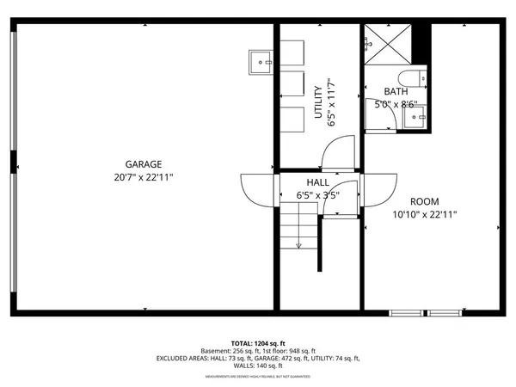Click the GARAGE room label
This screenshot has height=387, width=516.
tap(144, 164)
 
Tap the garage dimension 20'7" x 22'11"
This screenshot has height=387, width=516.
tap(144, 177)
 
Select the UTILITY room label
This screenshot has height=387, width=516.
tap(317, 104)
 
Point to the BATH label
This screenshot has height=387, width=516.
tap(396, 92)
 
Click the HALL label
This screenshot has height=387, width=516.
tap(317, 182)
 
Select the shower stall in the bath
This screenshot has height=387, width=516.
tap(386, 44)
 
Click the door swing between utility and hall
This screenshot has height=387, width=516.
tap(331, 157)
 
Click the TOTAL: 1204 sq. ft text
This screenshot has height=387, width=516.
tap(257, 342)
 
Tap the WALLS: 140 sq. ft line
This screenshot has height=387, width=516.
tap(257, 365)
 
